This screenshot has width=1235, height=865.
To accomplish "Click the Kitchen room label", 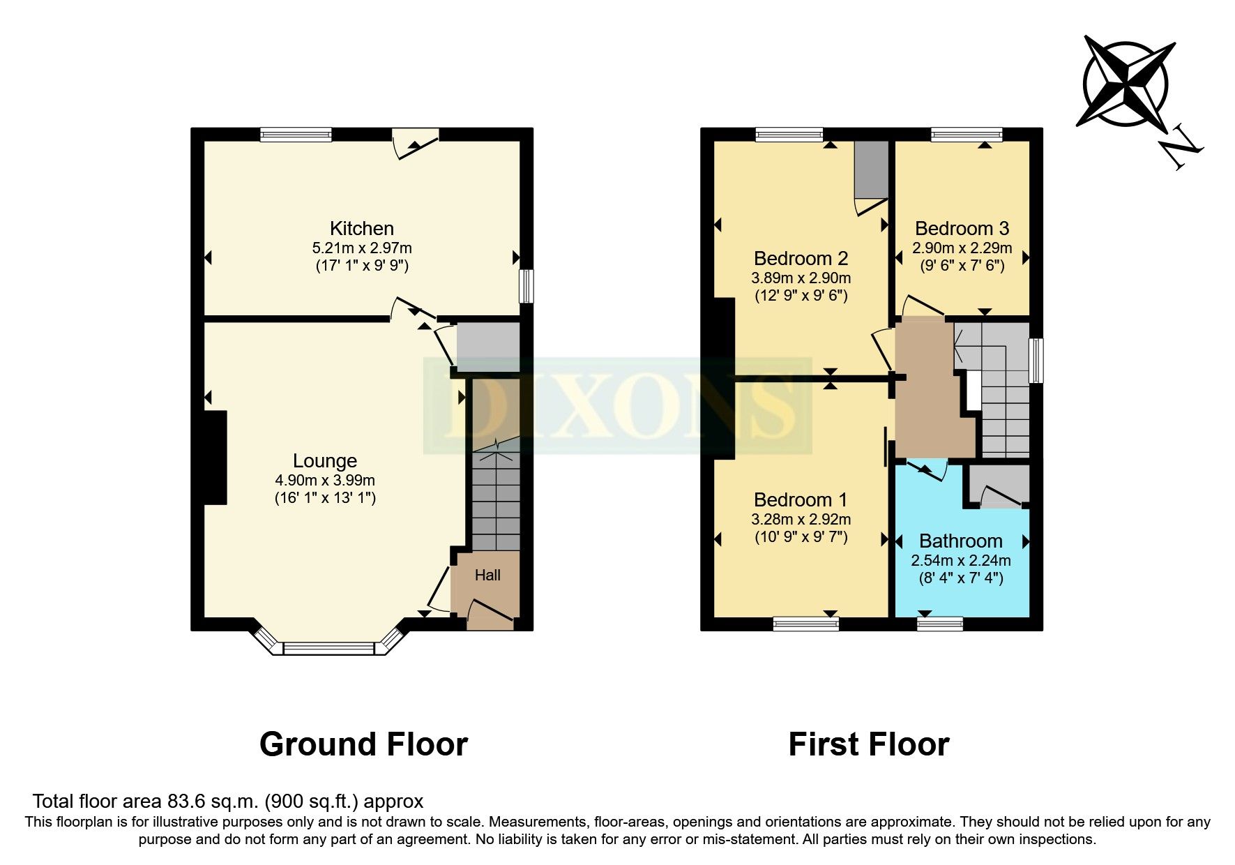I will click(361, 228).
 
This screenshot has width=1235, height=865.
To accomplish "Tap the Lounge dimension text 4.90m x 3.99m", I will click(325, 480).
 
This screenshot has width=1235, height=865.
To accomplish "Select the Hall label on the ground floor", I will click(487, 576).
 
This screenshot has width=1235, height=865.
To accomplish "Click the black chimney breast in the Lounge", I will click(215, 458).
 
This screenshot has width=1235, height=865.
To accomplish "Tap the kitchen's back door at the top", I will click(416, 143).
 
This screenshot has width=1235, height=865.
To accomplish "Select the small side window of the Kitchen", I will click(527, 286).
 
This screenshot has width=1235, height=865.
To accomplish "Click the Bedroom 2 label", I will click(801, 258).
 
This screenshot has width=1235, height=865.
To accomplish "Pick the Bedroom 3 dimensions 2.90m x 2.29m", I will click(962, 248).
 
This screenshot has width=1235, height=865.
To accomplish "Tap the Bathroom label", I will click(960, 541).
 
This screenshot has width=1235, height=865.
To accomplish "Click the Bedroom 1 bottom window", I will click(805, 624).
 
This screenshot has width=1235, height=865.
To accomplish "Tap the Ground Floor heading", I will click(363, 744).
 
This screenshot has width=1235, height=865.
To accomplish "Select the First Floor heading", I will click(868, 744).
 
